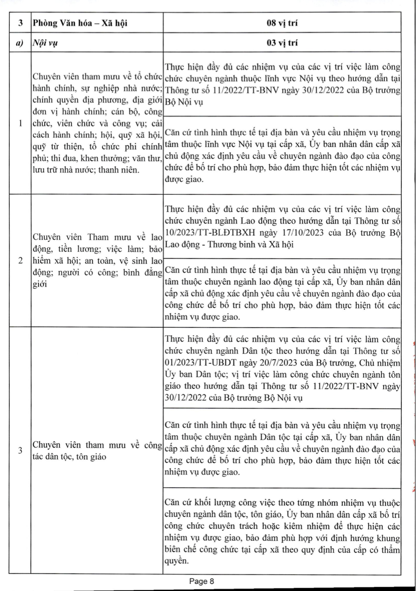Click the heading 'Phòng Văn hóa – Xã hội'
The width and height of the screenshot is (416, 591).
80,23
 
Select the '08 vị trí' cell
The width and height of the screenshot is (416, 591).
282,23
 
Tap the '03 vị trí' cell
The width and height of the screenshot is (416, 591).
282,43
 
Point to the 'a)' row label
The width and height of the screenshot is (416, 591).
20,43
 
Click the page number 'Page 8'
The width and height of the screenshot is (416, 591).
201,581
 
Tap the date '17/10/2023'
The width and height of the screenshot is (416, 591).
301,233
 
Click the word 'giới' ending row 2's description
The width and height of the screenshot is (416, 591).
40,284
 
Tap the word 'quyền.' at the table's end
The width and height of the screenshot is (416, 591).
177,561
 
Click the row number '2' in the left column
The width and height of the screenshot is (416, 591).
20,261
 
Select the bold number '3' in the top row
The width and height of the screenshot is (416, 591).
20,23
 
